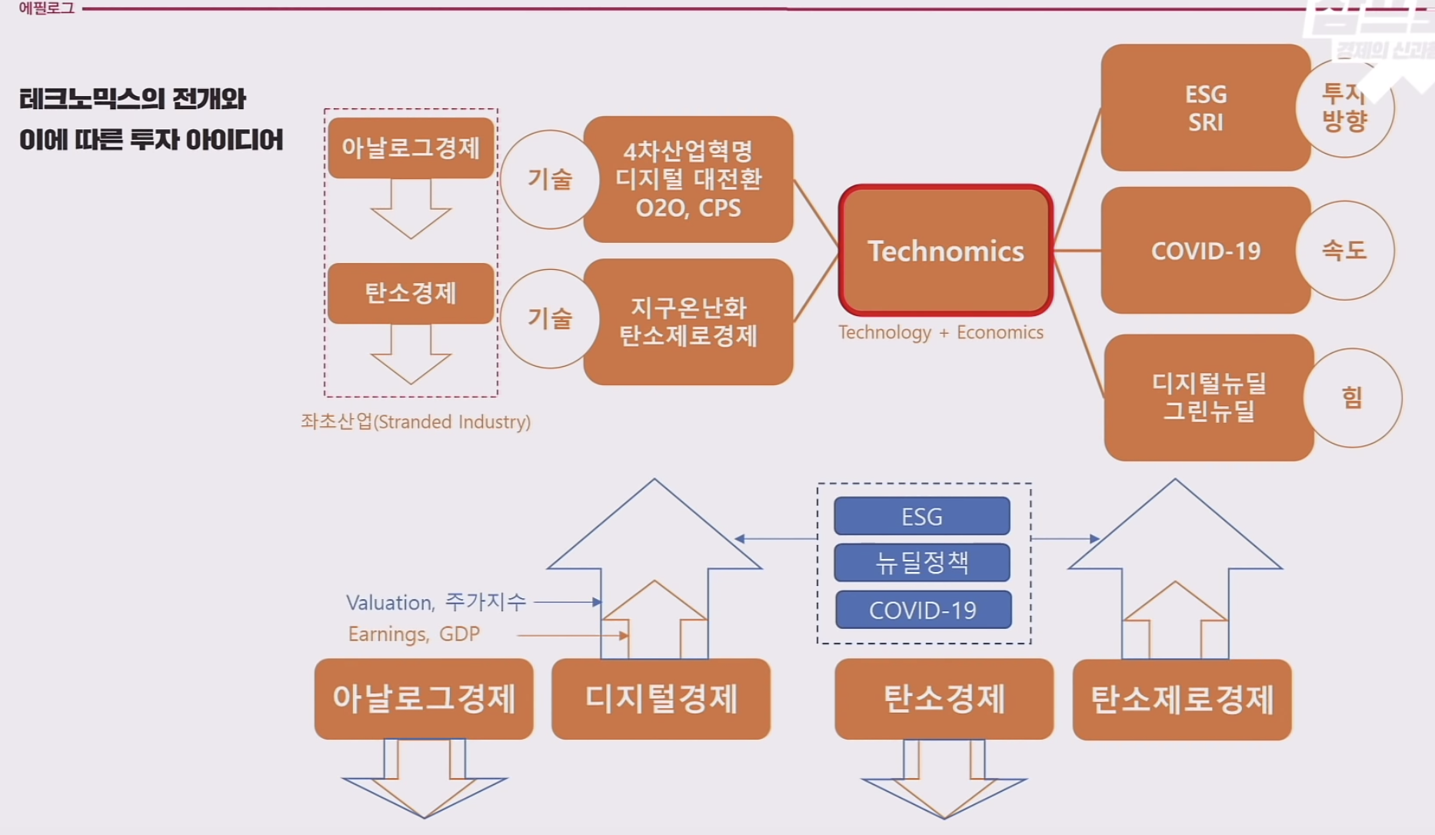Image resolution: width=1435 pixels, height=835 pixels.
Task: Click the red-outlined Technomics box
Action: (945, 251)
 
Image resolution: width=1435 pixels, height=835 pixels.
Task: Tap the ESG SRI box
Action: (1205, 108)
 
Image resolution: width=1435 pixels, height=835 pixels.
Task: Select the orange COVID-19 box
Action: (1205, 251)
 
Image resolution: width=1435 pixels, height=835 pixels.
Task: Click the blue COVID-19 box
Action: (923, 610)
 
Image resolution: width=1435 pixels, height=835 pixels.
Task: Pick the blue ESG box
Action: (921, 516)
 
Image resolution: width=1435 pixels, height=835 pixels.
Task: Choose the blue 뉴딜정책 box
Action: (921, 562)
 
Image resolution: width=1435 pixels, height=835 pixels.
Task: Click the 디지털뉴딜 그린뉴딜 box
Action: (1208, 397)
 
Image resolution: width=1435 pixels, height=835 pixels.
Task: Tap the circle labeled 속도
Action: (1344, 250)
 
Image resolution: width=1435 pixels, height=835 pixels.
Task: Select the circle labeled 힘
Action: (1352, 398)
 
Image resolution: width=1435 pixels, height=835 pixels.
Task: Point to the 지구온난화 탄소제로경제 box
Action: (688, 321)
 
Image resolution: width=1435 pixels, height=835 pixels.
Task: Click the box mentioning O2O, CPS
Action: (688, 179)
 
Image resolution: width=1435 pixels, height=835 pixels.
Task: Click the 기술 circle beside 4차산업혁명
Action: (550, 179)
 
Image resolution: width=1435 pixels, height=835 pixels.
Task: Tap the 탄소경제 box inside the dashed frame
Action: (411, 293)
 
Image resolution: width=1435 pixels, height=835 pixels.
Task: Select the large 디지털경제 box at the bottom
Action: (661, 699)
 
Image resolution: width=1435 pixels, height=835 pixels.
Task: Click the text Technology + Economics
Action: (941, 332)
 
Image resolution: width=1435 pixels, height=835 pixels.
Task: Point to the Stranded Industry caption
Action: (415, 421)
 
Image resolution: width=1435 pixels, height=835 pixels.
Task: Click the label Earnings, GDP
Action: (414, 634)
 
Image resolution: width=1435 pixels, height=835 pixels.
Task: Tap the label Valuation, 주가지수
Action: (436, 602)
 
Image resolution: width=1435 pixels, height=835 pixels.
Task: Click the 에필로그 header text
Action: (46, 8)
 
